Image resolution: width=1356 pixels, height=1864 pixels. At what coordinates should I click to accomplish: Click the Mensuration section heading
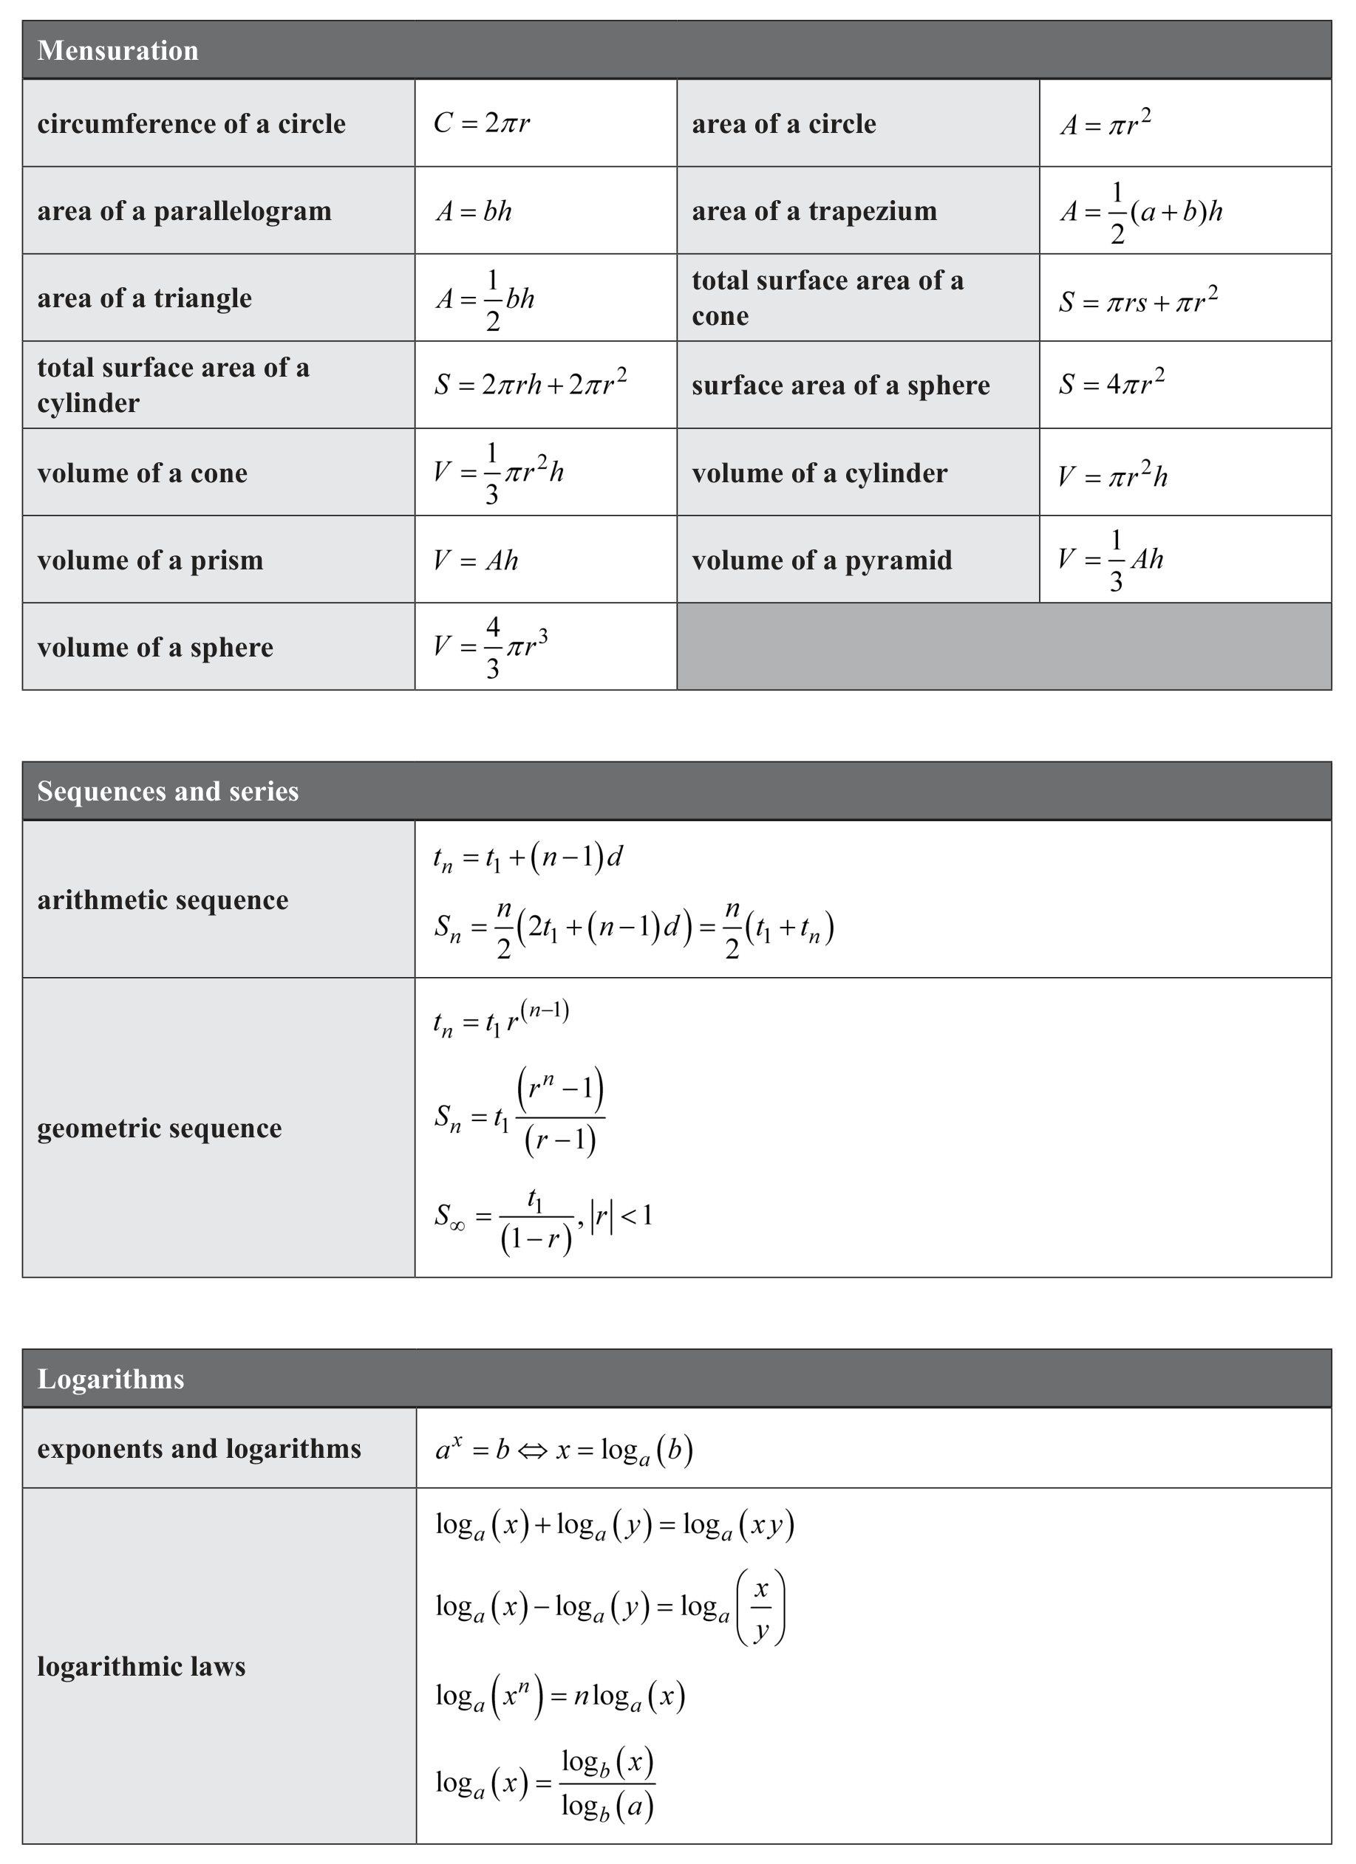pyautogui.click(x=117, y=51)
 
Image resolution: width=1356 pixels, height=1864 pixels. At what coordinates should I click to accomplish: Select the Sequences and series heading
pyautogui.click(x=168, y=792)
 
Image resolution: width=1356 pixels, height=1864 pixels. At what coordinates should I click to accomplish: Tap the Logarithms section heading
pyautogui.click(x=111, y=1379)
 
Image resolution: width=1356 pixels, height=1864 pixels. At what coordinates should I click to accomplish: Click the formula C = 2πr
pyautogui.click(x=481, y=123)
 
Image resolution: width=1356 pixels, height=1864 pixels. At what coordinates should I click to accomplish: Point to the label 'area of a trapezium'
pyautogui.click(x=814, y=211)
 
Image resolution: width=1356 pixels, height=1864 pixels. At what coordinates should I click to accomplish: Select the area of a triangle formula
pyautogui.click(x=485, y=299)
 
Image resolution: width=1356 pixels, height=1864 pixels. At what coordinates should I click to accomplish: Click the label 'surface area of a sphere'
pyautogui.click(x=840, y=386)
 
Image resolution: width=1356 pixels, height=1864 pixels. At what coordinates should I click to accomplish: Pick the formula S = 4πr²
pyautogui.click(x=1111, y=383)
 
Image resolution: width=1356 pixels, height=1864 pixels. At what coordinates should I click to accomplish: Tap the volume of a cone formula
pyautogui.click(x=498, y=473)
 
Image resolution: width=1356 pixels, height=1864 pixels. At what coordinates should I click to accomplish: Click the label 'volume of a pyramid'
pyautogui.click(x=822, y=561)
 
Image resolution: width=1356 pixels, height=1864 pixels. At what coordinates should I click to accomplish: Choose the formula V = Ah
pyautogui.click(x=476, y=561)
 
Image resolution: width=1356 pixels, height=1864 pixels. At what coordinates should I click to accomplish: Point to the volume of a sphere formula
pyautogui.click(x=491, y=648)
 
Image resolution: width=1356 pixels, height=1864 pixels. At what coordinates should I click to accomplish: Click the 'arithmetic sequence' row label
pyautogui.click(x=163, y=900)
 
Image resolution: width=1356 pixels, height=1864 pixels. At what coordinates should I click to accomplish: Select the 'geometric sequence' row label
pyautogui.click(x=160, y=1128)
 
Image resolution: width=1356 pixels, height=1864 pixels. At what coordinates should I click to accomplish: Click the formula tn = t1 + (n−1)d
pyautogui.click(x=528, y=858)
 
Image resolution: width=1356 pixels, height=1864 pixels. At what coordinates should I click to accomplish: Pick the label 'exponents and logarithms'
pyautogui.click(x=199, y=1448)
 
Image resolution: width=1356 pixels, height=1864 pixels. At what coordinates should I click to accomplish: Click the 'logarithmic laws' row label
pyautogui.click(x=141, y=1667)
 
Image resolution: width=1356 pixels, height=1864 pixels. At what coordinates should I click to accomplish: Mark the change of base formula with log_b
pyautogui.click(x=545, y=1784)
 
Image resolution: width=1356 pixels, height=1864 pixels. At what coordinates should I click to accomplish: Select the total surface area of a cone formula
pyautogui.click(x=1138, y=301)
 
